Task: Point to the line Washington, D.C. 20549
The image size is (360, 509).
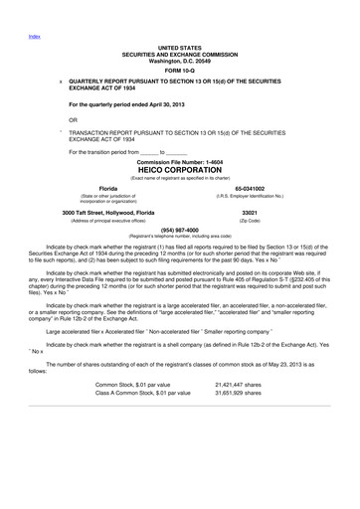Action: point(179,60)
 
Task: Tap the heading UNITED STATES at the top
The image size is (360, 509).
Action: point(179,47)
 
